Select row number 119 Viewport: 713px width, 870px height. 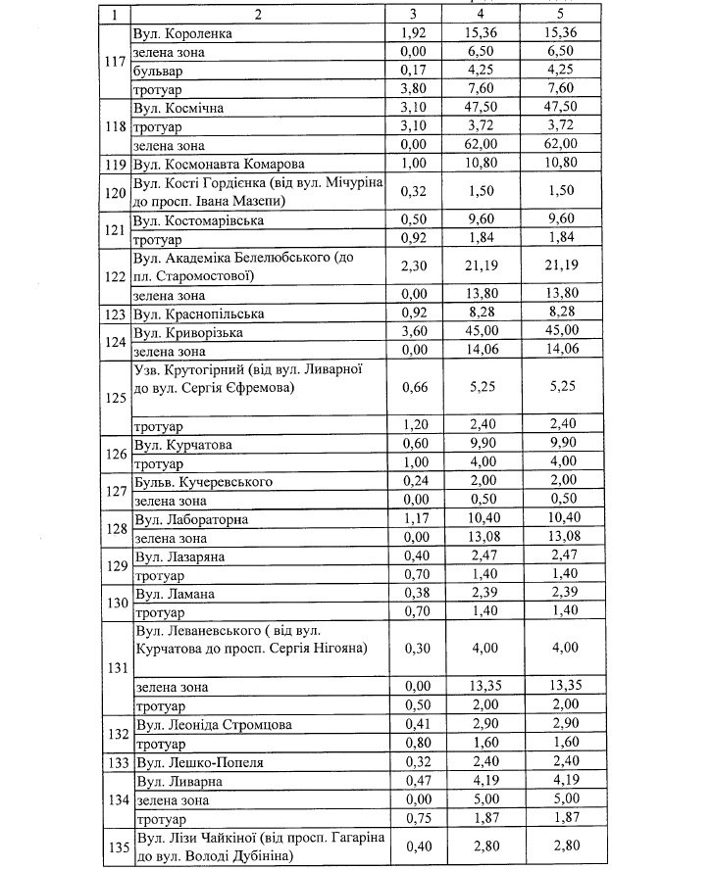[x=116, y=164]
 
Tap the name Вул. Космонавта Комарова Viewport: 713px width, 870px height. [x=219, y=164]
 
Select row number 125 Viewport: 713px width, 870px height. [x=116, y=399]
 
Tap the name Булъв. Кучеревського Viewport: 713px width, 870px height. [x=204, y=483]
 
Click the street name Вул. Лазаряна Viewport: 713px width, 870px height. [x=180, y=556]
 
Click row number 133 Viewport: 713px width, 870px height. [x=116, y=761]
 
